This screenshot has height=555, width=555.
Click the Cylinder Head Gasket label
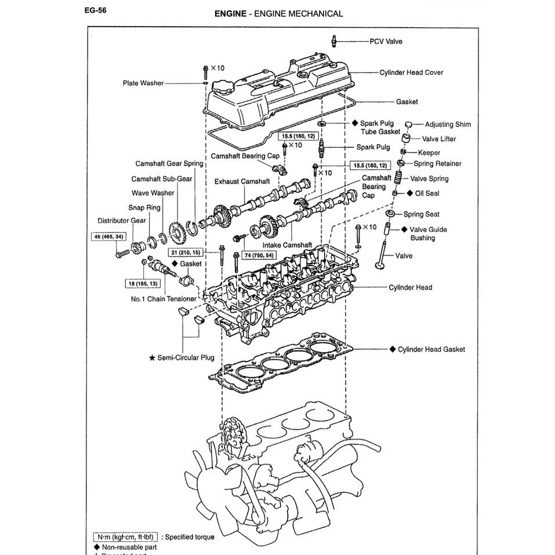pyautogui.click(x=431, y=350)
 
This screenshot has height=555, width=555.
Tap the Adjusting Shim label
pyautogui.click(x=448, y=125)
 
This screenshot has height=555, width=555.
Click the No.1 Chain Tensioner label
pyautogui.click(x=164, y=299)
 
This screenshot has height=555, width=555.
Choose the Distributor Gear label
pyautogui.click(x=122, y=221)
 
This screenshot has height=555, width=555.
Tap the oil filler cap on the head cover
pyautogui.click(x=221, y=88)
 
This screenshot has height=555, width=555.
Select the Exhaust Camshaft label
pyautogui.click(x=242, y=182)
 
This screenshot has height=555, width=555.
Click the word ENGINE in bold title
pyautogui.click(x=229, y=13)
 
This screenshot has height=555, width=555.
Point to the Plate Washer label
pyautogui.click(x=143, y=84)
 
